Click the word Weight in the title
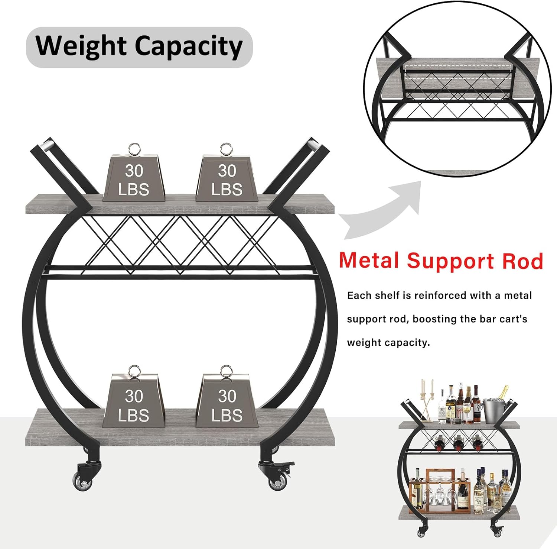point(81,46)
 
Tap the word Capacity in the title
point(188,46)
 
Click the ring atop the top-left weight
point(134,149)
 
